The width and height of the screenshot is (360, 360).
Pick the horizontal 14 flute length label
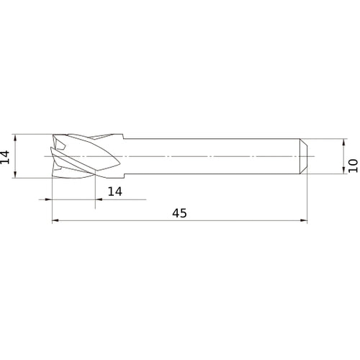pos(114,191)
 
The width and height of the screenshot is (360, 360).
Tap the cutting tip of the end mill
pos(54,156)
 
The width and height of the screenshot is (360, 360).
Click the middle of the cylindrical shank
pos(216,156)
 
